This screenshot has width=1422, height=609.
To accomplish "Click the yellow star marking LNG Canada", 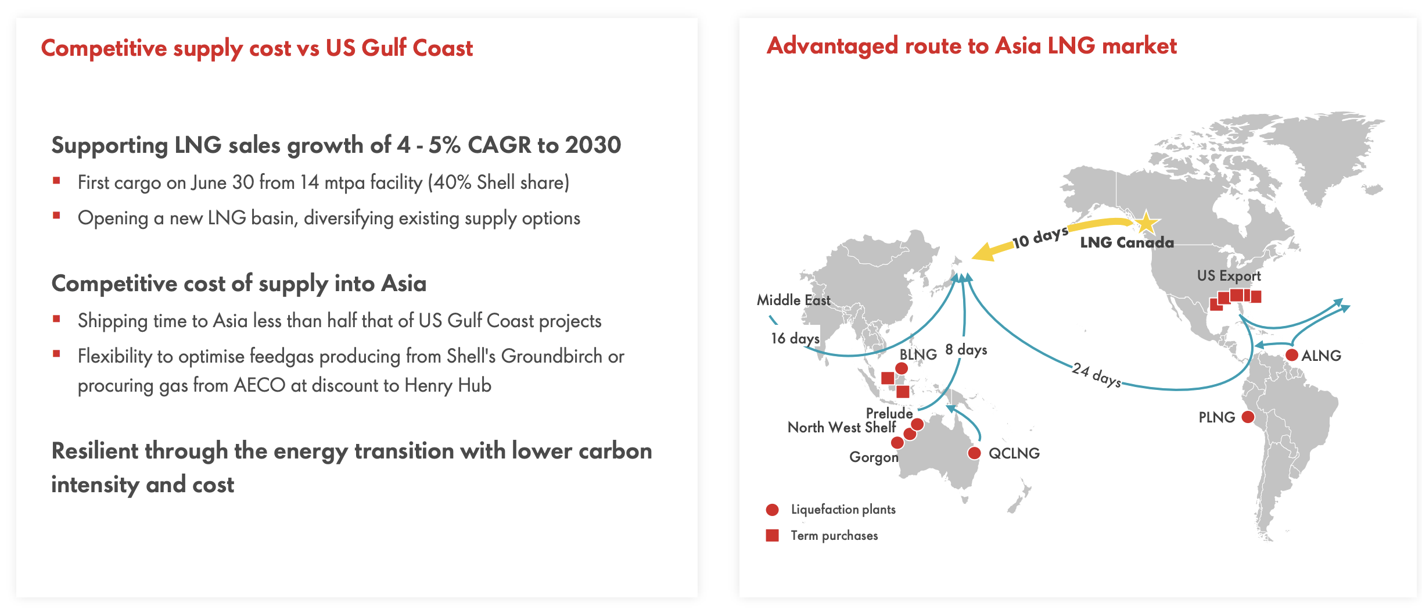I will [1145, 223].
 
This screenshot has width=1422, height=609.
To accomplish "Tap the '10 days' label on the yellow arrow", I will [1040, 237].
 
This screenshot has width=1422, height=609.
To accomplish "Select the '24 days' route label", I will [1096, 375].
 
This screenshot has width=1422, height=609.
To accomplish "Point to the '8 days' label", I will [966, 350].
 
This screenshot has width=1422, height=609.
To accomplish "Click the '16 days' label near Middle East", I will [795, 338].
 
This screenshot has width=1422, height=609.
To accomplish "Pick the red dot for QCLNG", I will [974, 453].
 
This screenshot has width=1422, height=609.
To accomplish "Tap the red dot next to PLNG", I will [1247, 417].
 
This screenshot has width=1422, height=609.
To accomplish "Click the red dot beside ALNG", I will [1292, 355].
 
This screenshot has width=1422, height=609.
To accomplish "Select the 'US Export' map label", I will [1229, 276].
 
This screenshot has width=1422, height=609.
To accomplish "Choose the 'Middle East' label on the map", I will [793, 300].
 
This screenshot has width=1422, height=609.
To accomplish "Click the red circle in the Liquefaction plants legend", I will [772, 510].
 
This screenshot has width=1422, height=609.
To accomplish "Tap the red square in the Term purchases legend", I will [772, 535].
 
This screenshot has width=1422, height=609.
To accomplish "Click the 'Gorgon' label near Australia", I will [873, 457].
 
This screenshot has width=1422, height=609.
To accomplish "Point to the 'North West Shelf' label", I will [841, 428].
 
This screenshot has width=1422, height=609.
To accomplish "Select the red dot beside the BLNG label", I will [902, 368].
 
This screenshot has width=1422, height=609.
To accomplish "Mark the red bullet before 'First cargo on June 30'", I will [56, 181].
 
